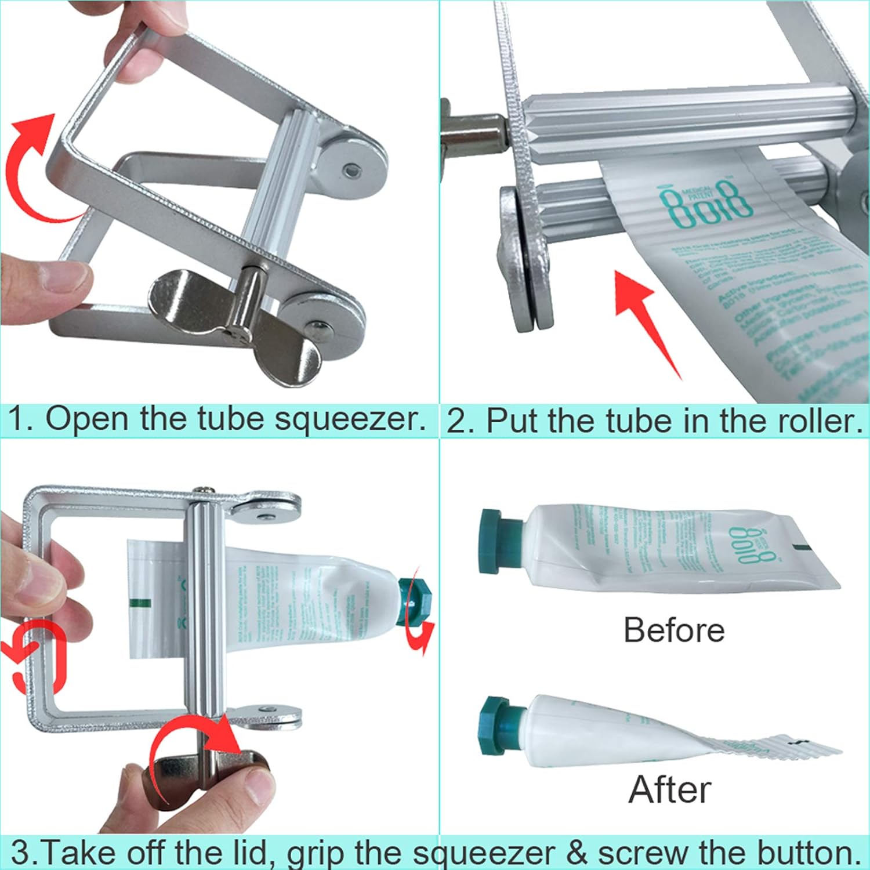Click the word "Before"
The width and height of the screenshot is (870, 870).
click(x=673, y=630)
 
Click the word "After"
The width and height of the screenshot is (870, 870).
click(x=670, y=789)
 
